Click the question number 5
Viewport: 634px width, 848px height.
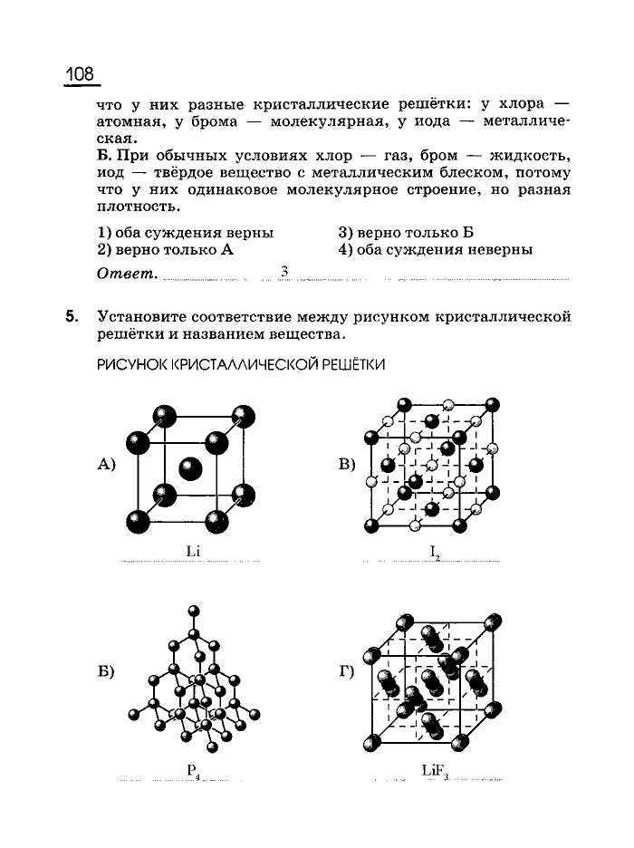(x=71, y=316)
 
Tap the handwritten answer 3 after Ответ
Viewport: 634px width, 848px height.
(x=284, y=271)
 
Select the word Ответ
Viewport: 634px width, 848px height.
(x=126, y=273)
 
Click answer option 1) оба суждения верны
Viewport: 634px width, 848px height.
(x=185, y=233)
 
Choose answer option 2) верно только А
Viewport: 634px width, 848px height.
(x=165, y=249)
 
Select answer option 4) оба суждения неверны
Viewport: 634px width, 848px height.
(x=436, y=249)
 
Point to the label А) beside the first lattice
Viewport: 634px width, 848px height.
(x=108, y=465)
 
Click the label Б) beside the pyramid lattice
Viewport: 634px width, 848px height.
(x=108, y=672)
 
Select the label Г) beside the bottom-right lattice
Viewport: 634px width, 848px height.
(x=347, y=672)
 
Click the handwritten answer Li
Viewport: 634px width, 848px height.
(x=192, y=551)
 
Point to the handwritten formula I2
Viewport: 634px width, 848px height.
(x=435, y=553)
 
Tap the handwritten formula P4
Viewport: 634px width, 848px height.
(x=193, y=772)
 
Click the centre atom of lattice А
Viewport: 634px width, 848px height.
(x=190, y=468)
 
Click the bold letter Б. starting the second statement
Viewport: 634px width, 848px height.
(x=103, y=156)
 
